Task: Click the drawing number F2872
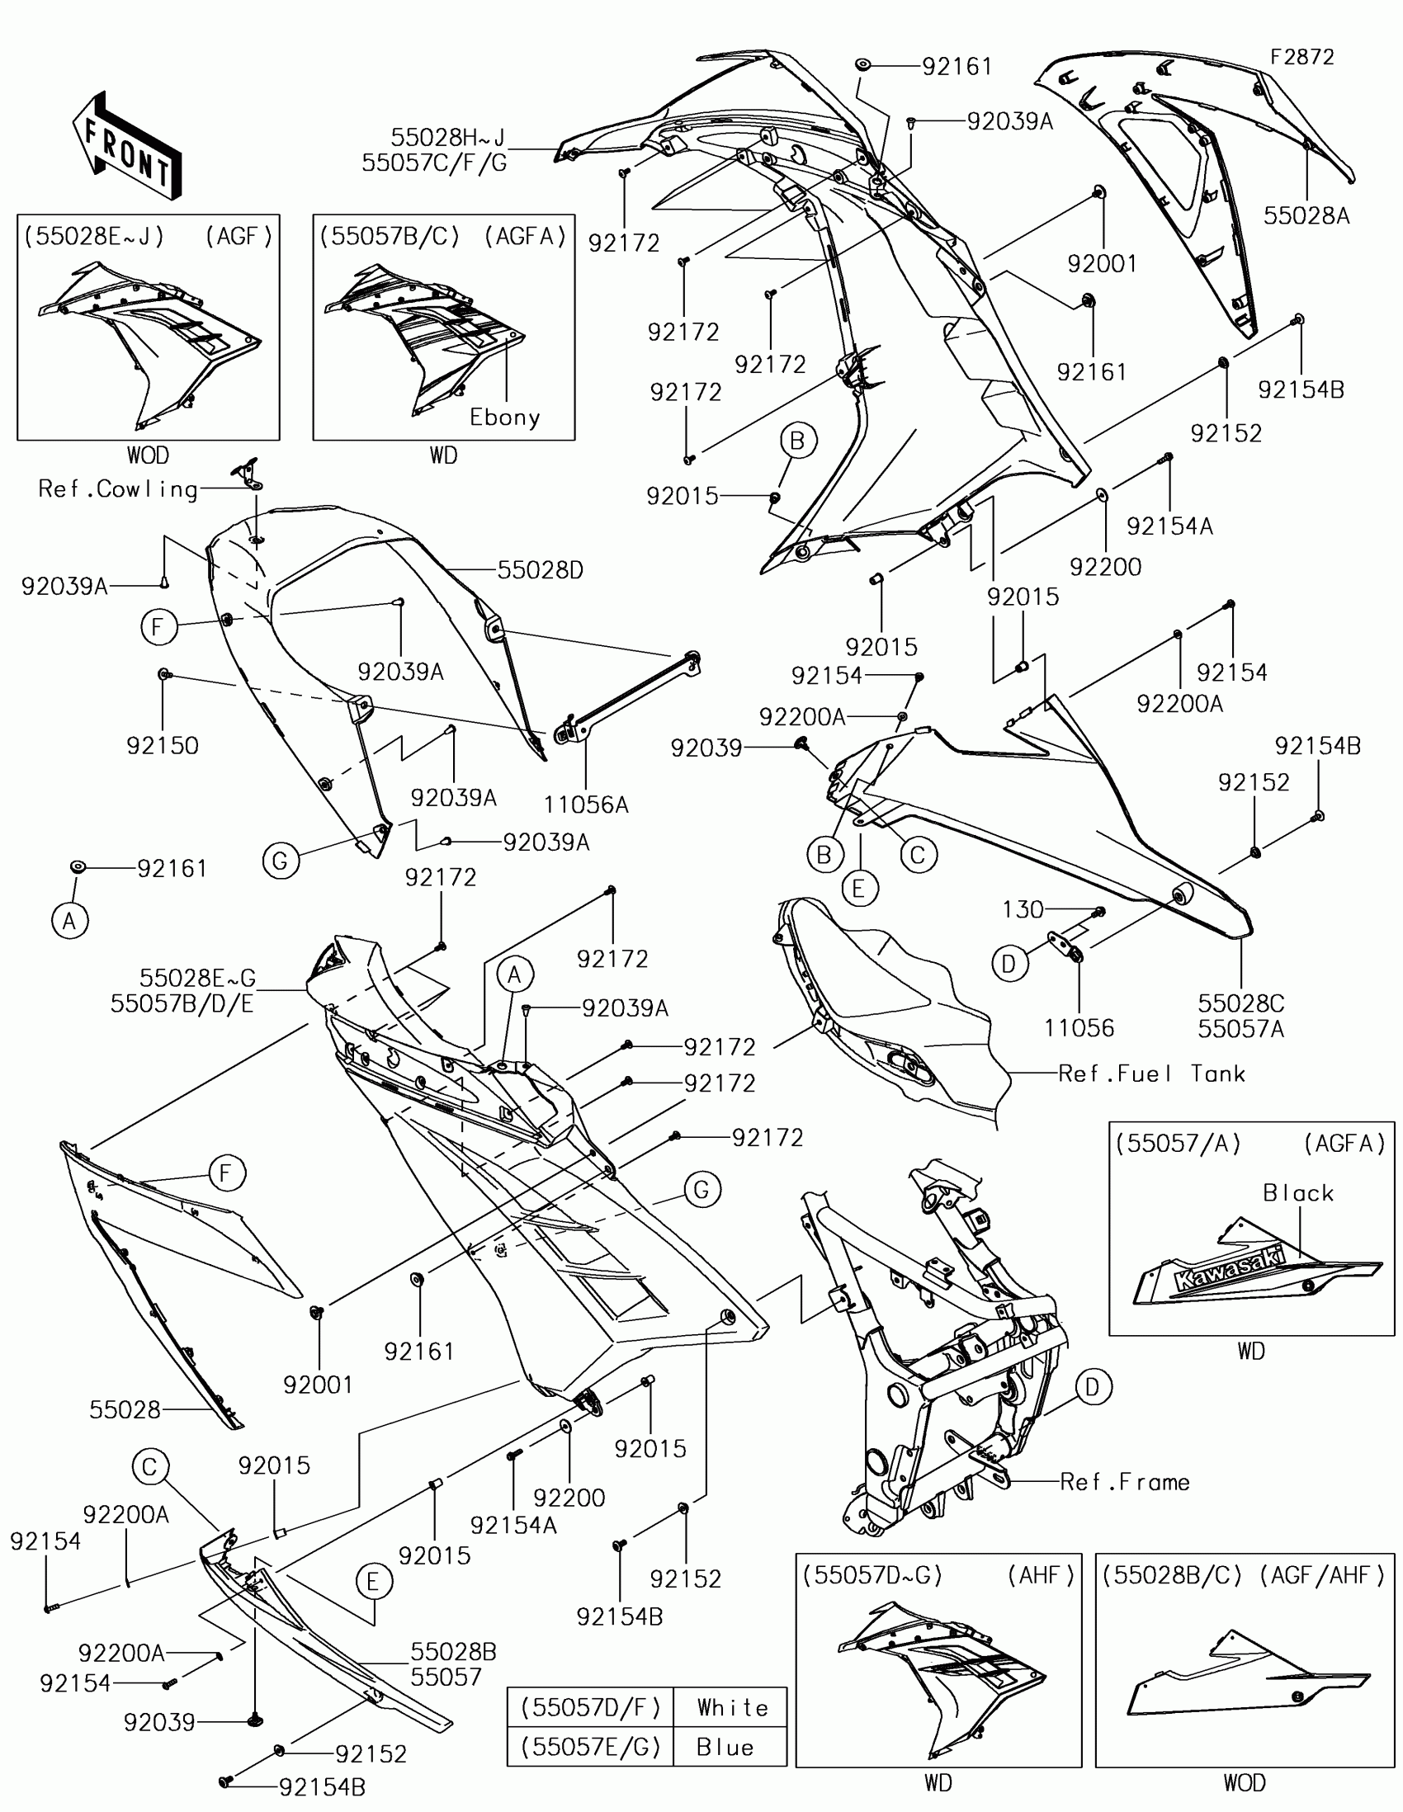pos(1301,57)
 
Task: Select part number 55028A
pos(1306,216)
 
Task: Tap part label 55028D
pos(540,570)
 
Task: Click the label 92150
pos(163,746)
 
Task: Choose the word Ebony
pos(504,418)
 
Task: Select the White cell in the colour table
pos(732,1707)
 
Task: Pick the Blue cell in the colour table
pos(725,1748)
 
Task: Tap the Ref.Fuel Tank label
pos(1151,1074)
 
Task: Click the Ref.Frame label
pos(1124,1483)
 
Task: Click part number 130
pos(1023,910)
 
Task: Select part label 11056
pos(1079,1028)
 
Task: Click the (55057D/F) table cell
pos(590,1707)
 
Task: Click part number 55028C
pos(1240,1003)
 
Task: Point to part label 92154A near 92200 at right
pos(1169,526)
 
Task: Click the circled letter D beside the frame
pos(1093,1387)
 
